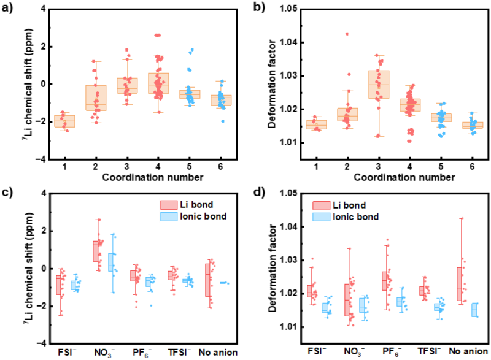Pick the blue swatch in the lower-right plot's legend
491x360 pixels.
[322, 217]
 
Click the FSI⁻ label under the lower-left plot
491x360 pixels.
[68, 352]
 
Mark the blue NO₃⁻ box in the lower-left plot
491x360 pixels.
[111, 262]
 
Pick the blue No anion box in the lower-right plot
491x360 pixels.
[474, 309]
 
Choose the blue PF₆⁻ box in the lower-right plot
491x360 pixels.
[401, 301]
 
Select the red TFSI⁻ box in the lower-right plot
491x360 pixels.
[423, 291]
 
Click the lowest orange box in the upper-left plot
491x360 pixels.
[64, 121]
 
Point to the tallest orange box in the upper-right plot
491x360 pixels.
[379, 84]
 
